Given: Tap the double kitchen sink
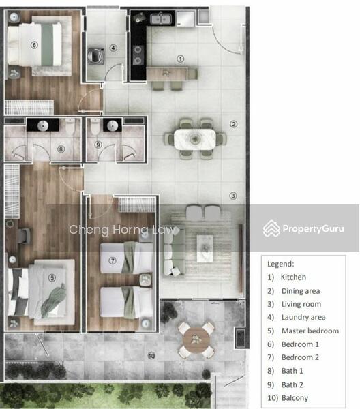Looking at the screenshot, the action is pos(161,18).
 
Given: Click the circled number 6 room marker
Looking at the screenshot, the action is pos(34,45).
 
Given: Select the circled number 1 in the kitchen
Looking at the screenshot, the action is pos(181,59).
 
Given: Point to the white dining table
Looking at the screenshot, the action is pos(195,139).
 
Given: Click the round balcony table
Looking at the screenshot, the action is pos(196,339).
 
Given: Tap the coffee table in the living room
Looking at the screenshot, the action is pos(205,248).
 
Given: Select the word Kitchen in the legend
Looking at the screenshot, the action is pos(293,277).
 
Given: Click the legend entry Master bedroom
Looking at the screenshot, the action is pos(310,331).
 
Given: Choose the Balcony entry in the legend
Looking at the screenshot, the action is pos(295,398).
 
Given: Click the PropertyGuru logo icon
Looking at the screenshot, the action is pos(271,228).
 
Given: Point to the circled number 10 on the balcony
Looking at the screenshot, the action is pos(151,356).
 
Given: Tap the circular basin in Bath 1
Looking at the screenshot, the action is pos(43,125).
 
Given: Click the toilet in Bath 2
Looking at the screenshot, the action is pos(95,127).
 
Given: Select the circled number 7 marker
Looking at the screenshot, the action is pos(112,260).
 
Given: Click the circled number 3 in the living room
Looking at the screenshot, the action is pos(233,196).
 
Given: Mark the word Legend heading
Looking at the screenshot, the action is pos(280,264).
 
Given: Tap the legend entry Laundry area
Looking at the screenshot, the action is pos(303,317).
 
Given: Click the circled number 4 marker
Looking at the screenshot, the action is pos(113,48).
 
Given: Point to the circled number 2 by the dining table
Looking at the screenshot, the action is pos(233,124).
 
